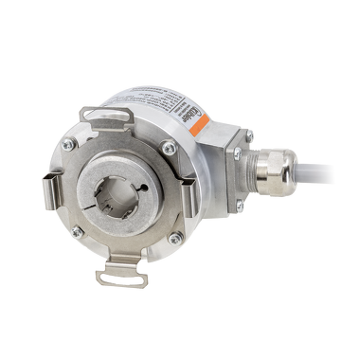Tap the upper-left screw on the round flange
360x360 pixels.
point(69,144)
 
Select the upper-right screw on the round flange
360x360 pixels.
point(168,147)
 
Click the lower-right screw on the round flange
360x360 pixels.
point(172,241)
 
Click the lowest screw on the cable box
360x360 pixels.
point(241,206)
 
